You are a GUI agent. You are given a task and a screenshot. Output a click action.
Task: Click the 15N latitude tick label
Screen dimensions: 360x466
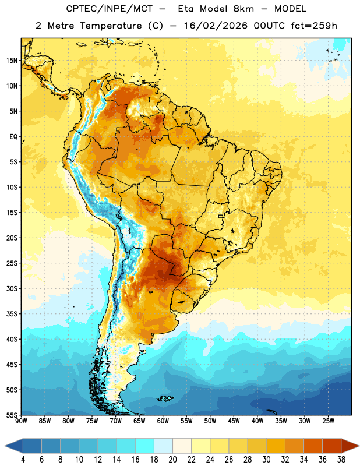click(12, 61)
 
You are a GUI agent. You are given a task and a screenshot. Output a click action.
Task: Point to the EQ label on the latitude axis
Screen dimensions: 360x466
click(13, 137)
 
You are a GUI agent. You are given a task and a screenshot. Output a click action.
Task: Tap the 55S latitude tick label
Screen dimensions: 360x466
click(12, 415)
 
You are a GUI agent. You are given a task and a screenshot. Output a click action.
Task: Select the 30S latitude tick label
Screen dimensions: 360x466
click(12, 288)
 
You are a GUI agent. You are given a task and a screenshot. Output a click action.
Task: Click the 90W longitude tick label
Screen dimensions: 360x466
click(21, 421)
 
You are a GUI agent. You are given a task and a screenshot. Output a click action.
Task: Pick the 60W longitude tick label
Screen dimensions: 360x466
click(163, 421)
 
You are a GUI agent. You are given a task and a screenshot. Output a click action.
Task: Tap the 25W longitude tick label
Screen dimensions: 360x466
click(328, 421)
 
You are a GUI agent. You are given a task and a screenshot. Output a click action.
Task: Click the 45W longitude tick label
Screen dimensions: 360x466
click(234, 421)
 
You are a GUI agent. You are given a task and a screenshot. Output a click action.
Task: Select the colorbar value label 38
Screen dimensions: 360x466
click(341, 460)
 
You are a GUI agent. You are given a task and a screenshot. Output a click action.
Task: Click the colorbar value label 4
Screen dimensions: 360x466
click(23, 460)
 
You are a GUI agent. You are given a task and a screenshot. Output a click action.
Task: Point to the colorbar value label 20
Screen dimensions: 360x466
click(172, 460)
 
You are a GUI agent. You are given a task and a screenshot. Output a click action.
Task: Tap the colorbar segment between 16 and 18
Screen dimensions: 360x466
click(145, 446)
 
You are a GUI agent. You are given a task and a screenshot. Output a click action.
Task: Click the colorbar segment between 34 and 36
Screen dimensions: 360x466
click(313, 446)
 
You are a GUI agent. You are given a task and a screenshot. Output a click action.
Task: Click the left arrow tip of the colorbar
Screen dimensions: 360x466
click(5, 446)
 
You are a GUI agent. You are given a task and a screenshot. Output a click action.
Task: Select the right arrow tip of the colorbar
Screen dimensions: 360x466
click(359, 446)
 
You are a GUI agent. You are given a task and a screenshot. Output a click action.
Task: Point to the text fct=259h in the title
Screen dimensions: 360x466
click(314, 26)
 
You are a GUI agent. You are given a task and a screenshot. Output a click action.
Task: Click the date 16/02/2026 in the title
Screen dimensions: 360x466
click(216, 26)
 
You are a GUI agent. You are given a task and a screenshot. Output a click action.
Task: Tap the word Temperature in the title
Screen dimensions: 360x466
click(111, 26)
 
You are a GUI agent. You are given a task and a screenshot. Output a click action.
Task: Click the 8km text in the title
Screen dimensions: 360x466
click(243, 9)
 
